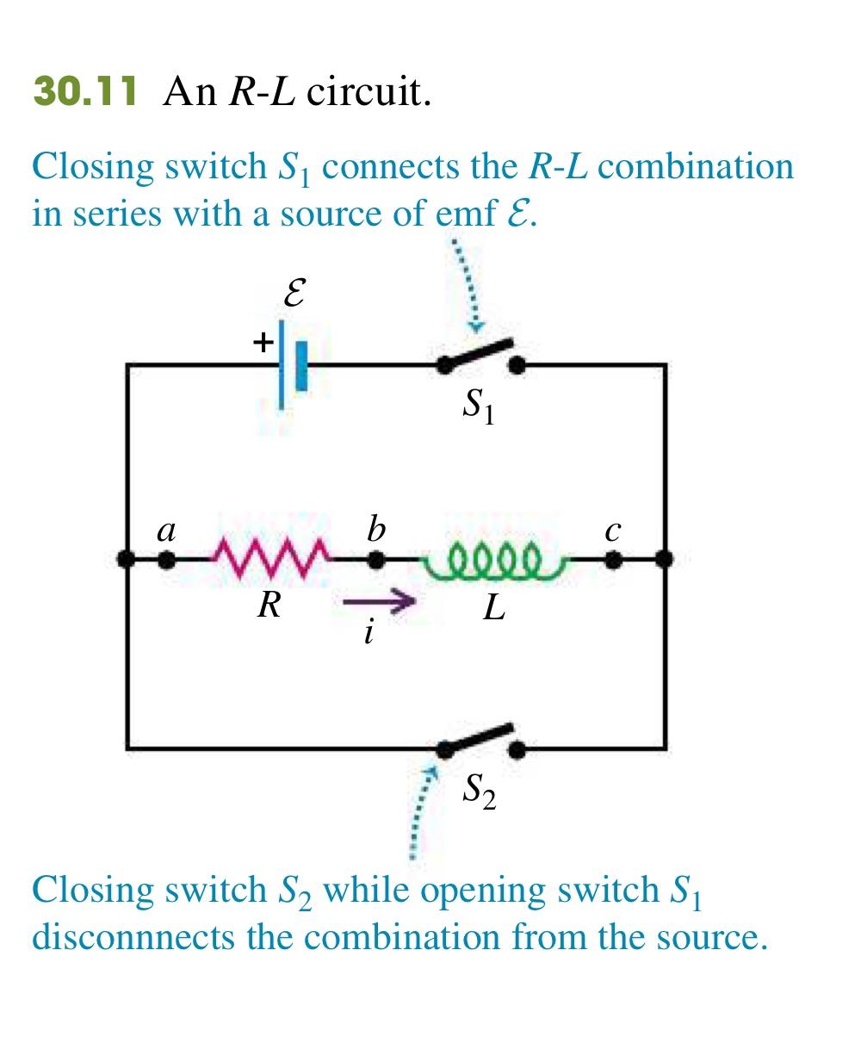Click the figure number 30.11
click(84, 90)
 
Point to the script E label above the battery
click(294, 295)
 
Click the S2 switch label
click(479, 789)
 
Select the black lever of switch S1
click(478, 354)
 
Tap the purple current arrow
click(380, 603)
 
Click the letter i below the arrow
click(369, 633)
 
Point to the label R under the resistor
click(269, 605)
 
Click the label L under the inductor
click(493, 608)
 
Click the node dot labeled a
click(166, 560)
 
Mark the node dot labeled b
click(375, 560)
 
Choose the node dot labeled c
click(612, 560)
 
